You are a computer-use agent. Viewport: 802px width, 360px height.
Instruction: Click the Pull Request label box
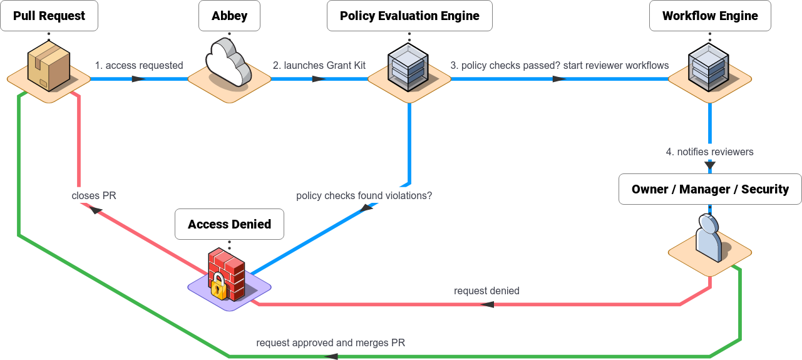pos(49,16)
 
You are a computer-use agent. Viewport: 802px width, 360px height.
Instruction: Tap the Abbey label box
pos(229,16)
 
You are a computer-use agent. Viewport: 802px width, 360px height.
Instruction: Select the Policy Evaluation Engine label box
pos(409,16)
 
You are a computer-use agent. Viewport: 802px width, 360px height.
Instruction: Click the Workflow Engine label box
pos(710,16)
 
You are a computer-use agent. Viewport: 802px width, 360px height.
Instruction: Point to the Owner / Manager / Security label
pos(710,189)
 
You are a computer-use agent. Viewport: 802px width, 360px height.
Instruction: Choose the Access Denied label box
pos(229,224)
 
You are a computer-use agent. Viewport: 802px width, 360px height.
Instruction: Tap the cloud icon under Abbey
pos(229,63)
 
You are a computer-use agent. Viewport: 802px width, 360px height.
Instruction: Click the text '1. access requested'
pos(139,65)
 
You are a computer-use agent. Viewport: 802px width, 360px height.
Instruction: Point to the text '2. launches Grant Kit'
pos(319,65)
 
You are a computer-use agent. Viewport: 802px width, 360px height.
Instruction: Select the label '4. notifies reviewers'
pos(709,152)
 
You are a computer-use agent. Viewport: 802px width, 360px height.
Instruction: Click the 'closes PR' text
pos(94,195)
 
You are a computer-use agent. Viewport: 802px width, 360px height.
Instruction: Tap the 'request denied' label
pos(486,291)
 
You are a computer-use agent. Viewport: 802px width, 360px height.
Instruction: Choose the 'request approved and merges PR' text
pos(331,342)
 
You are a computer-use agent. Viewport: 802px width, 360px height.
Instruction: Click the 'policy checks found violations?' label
pos(364,195)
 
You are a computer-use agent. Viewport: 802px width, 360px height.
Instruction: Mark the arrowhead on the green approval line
pos(331,356)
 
